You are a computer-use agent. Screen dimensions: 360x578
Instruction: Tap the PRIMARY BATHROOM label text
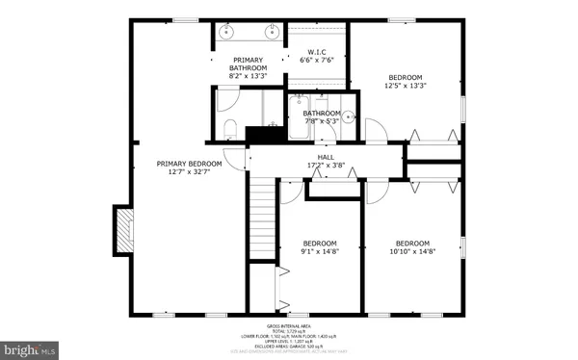click(248, 63)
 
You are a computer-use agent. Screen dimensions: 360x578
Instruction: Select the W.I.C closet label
click(317, 52)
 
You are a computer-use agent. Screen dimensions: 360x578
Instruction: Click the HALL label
click(326, 157)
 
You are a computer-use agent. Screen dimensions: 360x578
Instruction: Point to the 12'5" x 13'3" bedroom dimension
click(407, 85)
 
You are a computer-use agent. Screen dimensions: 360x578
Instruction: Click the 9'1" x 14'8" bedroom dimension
click(320, 251)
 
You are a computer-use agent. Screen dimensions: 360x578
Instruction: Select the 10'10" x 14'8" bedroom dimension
click(411, 251)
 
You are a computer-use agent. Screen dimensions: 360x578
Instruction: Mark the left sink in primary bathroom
click(228, 30)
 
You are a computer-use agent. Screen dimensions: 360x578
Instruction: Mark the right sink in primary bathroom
click(271, 30)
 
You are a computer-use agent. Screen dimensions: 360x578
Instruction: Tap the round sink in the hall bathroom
click(350, 118)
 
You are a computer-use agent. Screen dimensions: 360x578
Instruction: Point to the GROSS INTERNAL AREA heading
click(288, 326)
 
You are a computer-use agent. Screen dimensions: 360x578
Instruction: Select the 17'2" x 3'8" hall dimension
click(326, 166)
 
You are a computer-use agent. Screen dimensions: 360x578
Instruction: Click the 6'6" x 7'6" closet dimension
click(317, 61)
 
